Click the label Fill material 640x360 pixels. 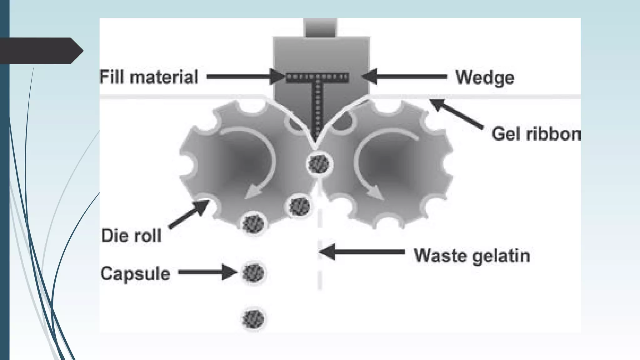149,77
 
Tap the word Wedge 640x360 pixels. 485,77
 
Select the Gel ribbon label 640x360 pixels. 536,134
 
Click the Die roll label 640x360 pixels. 131,236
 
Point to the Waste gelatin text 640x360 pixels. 472,256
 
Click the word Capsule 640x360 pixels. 135,274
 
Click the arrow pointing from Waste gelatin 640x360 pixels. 362,252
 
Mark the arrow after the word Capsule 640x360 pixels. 207,272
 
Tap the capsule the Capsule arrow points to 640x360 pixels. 253,272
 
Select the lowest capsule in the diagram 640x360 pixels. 253,319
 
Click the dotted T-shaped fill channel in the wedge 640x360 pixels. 317,94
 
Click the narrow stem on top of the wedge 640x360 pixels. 321,28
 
